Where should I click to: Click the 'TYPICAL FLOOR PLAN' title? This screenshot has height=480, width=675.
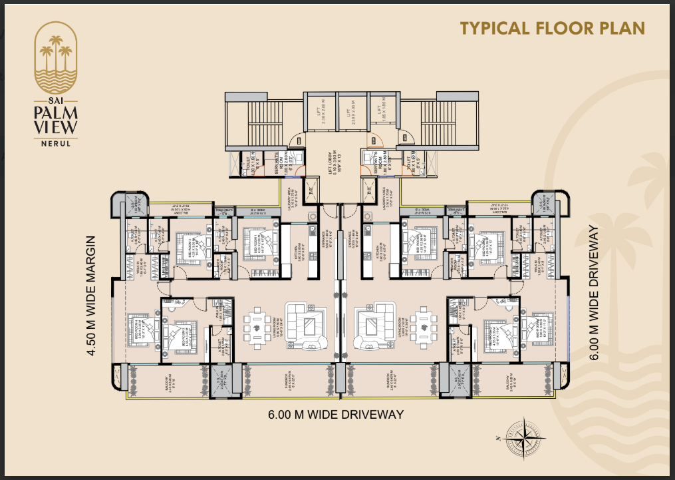coord(553,28)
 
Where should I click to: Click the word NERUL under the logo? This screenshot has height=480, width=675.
coord(56,142)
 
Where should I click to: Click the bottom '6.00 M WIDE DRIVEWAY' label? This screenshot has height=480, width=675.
coord(337,415)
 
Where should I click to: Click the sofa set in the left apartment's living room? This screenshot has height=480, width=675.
coord(307,326)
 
